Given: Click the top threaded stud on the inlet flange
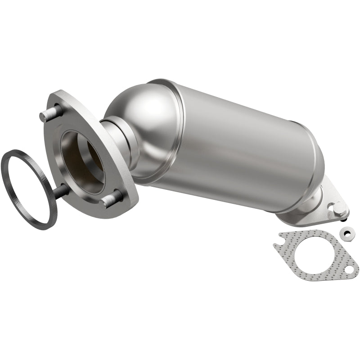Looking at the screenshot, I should [x=51, y=113].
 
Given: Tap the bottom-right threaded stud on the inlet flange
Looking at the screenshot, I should [x=112, y=198].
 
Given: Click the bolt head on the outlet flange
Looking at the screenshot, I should [x=338, y=208].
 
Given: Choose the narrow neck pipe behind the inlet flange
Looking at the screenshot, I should [x=118, y=139].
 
